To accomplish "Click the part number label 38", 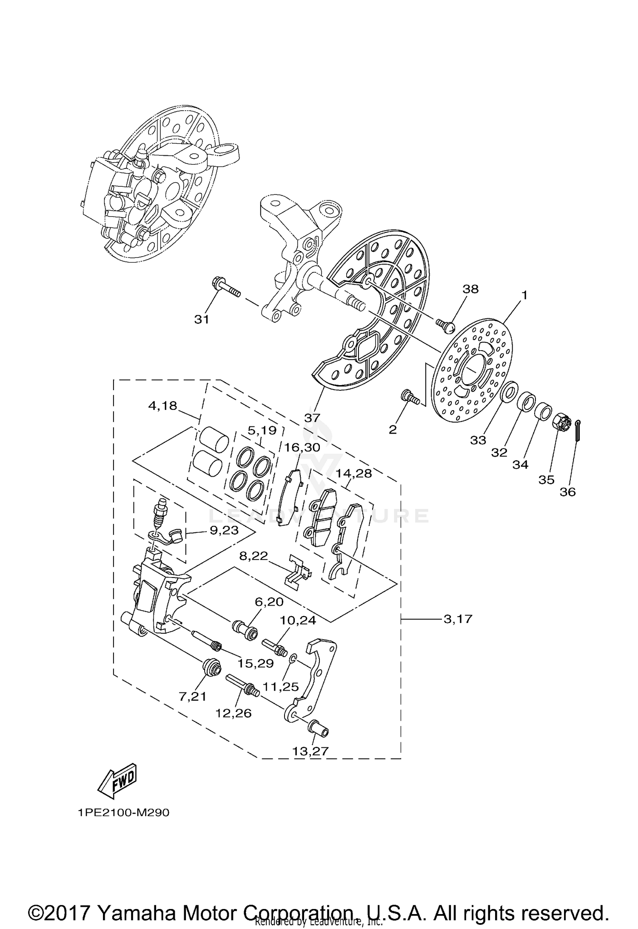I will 470,289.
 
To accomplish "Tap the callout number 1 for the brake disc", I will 524,294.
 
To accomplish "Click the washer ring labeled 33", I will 509,392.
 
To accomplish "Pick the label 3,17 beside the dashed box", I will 458,618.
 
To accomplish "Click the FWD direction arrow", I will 117,781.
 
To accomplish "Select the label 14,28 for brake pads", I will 353,473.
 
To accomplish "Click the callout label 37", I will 312,418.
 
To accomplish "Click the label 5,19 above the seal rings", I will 262,430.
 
